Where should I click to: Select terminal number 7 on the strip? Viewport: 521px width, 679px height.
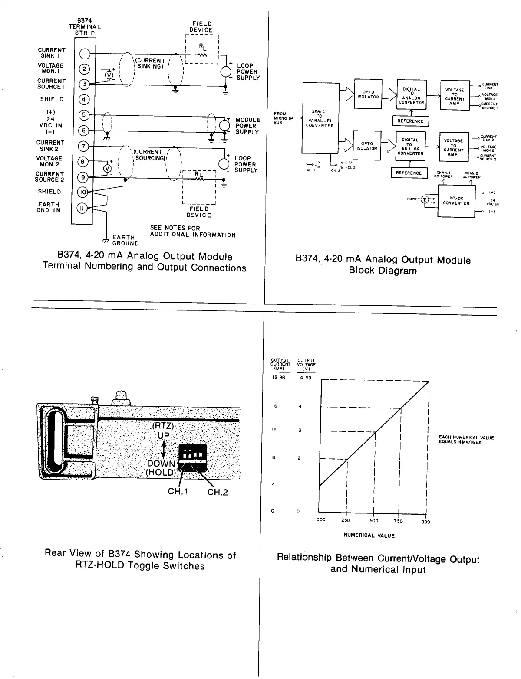coord(84,146)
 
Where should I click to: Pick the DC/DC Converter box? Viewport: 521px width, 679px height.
coord(456,201)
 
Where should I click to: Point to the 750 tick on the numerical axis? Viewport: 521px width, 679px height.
coord(399,521)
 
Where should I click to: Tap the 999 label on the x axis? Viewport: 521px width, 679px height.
coord(425,522)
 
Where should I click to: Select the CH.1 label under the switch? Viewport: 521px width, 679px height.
coord(178,492)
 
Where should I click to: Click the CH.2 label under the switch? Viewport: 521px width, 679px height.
coord(218,492)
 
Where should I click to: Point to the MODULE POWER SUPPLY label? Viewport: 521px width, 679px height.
coord(247,126)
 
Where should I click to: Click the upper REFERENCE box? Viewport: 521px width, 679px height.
coord(410,121)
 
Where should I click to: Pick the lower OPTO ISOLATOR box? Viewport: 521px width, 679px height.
coord(367,146)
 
